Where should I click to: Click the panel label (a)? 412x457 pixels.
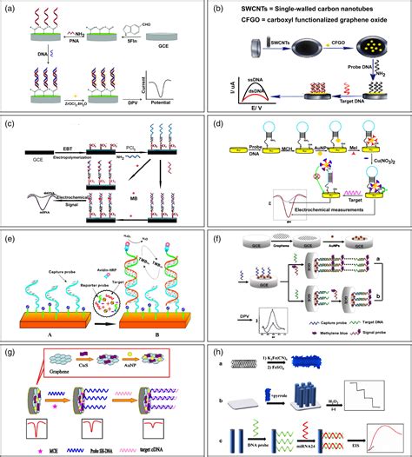click(x=12, y=10)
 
